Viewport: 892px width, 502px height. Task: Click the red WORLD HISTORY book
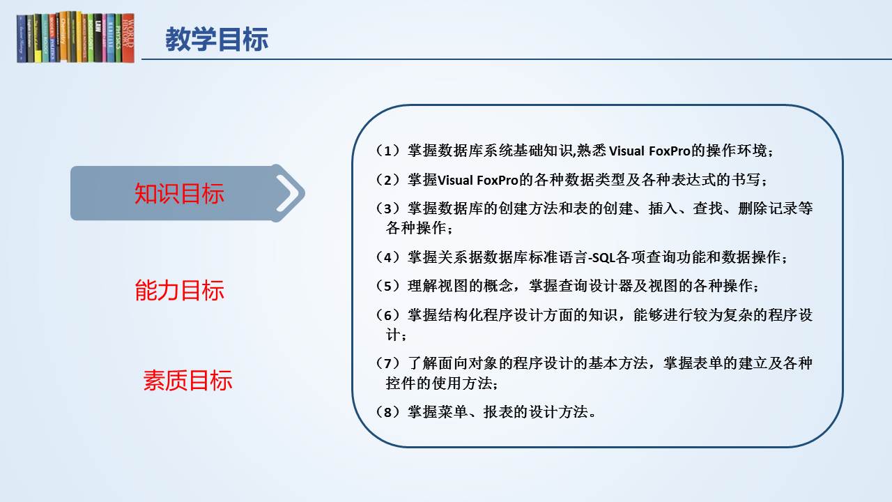click(x=128, y=38)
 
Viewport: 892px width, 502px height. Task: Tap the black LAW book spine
click(x=98, y=38)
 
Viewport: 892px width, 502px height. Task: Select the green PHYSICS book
click(x=118, y=38)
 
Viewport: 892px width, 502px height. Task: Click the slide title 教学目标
click(x=217, y=39)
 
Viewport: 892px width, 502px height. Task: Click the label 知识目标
click(x=179, y=194)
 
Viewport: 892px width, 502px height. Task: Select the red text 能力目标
click(x=179, y=290)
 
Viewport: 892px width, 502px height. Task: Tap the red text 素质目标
click(x=187, y=381)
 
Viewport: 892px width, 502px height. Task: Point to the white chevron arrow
click(x=289, y=193)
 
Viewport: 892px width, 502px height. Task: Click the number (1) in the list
click(x=387, y=151)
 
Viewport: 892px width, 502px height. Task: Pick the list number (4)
click(x=387, y=257)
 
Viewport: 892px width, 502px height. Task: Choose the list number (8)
click(x=387, y=412)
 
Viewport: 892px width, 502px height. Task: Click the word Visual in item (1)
click(x=626, y=151)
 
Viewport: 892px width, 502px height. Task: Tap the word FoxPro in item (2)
click(x=498, y=181)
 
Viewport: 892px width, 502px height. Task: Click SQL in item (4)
click(x=603, y=258)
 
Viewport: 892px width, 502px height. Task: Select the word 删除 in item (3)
click(x=753, y=208)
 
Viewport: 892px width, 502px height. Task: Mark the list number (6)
click(x=387, y=315)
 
